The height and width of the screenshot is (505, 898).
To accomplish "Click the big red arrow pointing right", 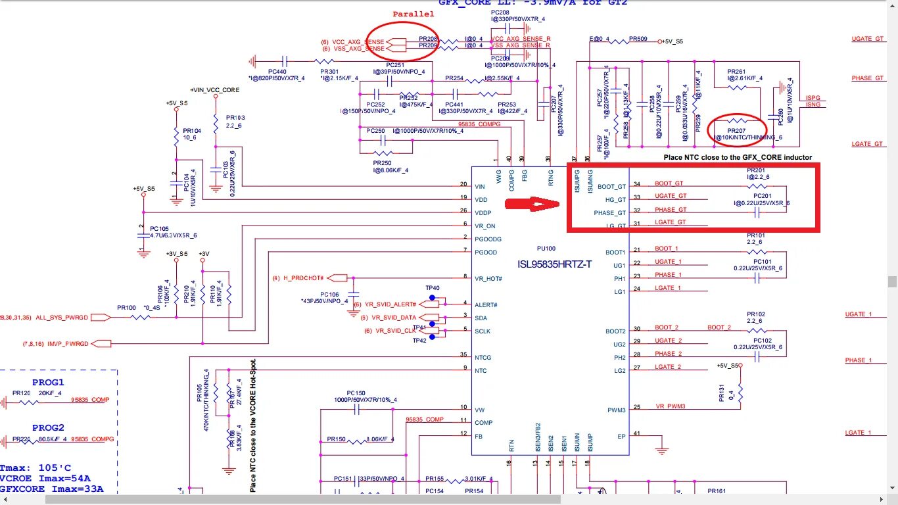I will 533,204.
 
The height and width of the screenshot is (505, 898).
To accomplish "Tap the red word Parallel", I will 414,14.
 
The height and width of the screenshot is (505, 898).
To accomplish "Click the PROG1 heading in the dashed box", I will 48,382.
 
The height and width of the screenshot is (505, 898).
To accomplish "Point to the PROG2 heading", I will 48,427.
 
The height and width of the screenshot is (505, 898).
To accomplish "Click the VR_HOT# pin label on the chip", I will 488,279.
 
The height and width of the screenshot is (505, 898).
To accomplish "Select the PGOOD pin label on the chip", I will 486,252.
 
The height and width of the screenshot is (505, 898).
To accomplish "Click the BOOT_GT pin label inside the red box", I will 611,187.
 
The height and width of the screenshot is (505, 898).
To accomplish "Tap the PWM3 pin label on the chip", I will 616,410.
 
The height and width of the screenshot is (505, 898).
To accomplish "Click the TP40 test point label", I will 432,288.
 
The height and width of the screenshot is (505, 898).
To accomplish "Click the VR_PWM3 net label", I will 671,406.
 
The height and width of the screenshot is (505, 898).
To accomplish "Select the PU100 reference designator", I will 546,249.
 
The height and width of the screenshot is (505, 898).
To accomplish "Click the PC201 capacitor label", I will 762,196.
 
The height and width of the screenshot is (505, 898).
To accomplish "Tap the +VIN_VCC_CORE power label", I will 215,89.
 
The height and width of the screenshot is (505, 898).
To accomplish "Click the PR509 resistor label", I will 638,39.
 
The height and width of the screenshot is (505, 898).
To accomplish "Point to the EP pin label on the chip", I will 619,436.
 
